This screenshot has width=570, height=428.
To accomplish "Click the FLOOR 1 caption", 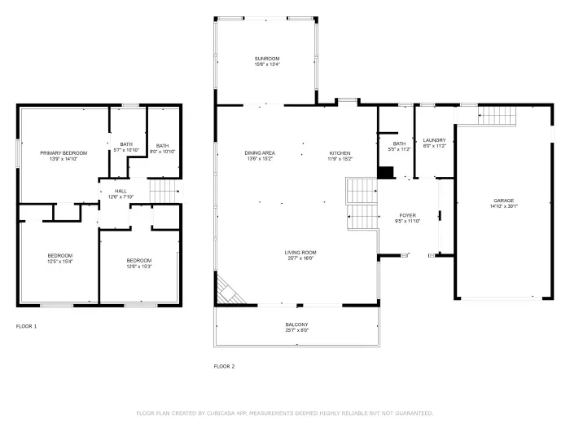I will tap(26, 326).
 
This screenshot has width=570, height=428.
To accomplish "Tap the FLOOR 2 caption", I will tap(224, 366).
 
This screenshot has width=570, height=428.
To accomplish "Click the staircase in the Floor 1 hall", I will tap(164, 192).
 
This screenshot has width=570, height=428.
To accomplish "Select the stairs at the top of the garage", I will tap(497, 117).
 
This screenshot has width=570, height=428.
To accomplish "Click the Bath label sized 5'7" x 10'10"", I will tap(126, 148).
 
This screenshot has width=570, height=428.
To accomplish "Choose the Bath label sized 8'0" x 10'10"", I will tap(163, 148).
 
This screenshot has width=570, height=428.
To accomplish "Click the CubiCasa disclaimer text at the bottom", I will tap(284, 413).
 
